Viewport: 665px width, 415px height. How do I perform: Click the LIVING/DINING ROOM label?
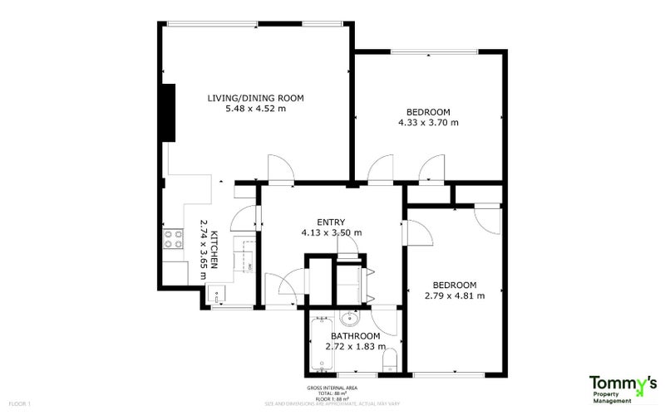pos(255,98)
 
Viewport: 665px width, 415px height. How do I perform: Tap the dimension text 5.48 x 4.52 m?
pos(255,109)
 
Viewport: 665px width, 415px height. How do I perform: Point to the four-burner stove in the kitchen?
pos(173,239)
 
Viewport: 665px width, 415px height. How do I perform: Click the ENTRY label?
pos(331,222)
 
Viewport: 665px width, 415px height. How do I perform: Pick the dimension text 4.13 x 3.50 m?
pos(331,233)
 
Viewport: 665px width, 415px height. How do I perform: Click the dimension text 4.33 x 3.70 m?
pos(428,123)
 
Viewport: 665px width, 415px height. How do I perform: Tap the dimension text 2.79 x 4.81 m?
pos(454,295)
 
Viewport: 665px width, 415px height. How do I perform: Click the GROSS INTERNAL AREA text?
pos(332,388)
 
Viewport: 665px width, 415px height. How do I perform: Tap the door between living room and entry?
pos(279,170)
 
